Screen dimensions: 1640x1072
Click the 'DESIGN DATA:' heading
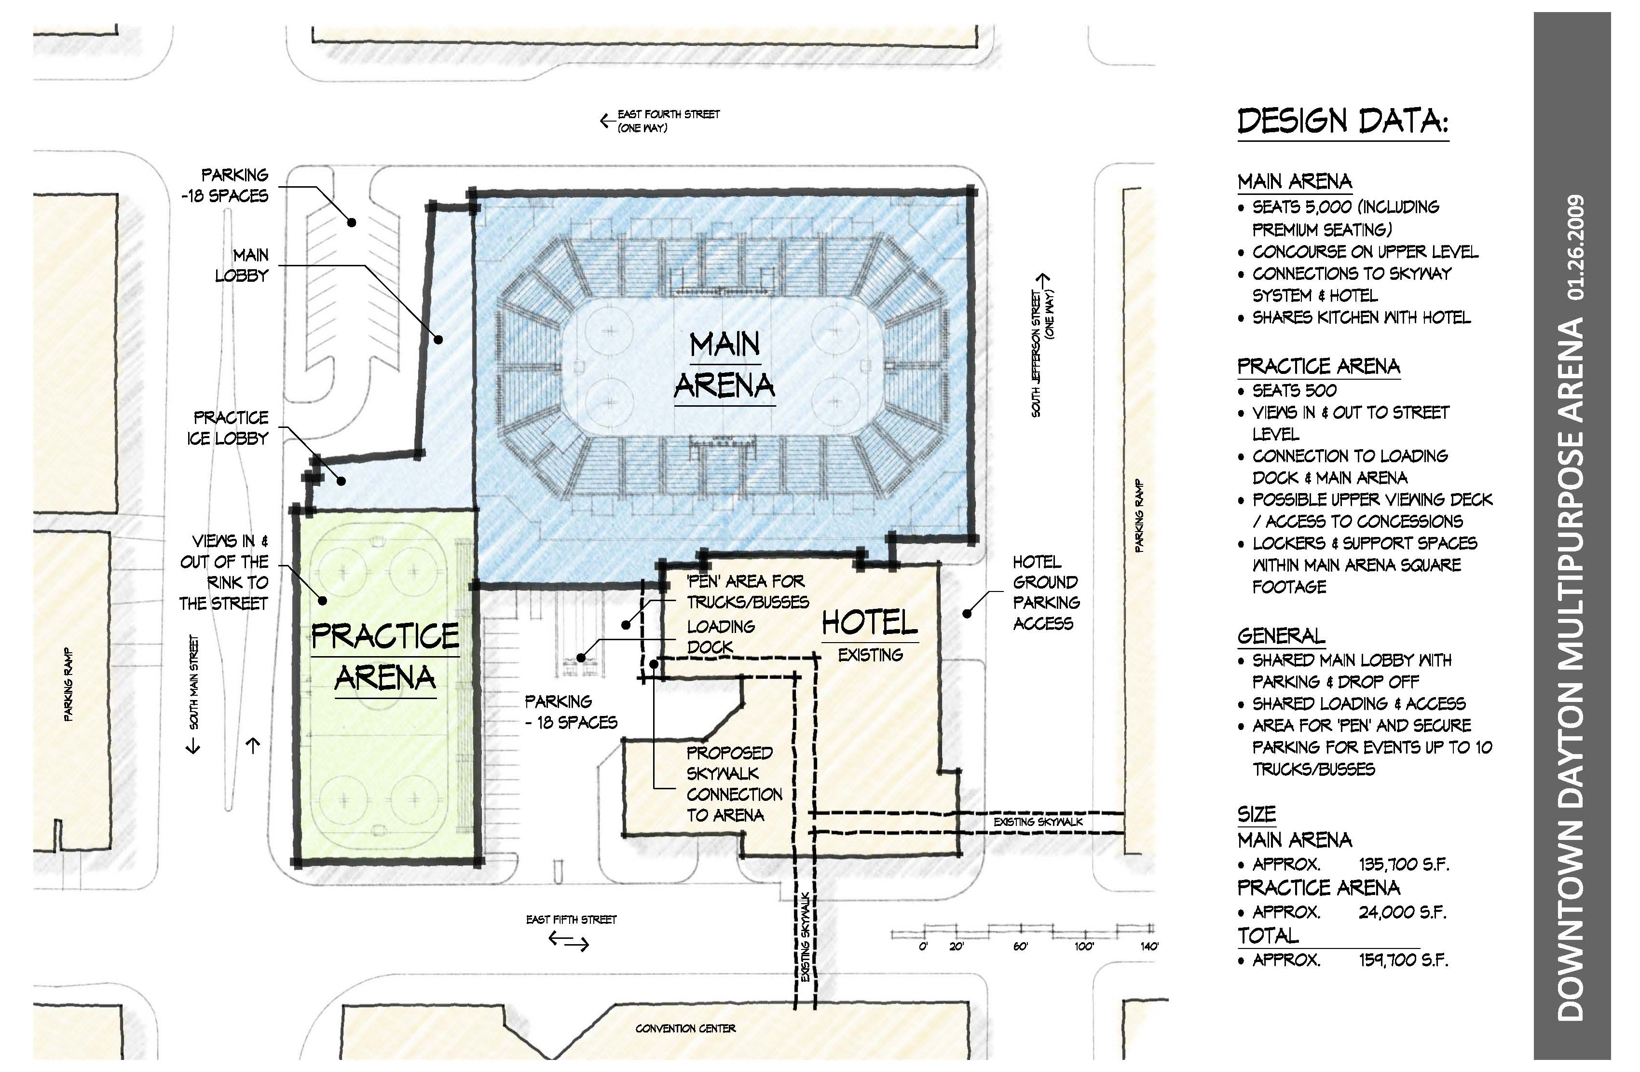click(x=1342, y=122)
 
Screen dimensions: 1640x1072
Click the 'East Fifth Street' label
click(x=571, y=920)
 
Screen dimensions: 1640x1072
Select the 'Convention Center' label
click(x=685, y=1029)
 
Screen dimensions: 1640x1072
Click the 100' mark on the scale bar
click(x=1084, y=947)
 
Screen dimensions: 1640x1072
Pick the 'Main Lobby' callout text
click(x=241, y=265)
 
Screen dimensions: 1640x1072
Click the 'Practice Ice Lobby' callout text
click(x=227, y=428)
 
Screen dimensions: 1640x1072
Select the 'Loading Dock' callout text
click(x=721, y=637)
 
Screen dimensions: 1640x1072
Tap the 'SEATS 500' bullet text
click(x=1294, y=391)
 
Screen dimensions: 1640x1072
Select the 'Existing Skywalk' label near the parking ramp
click(x=1038, y=822)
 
